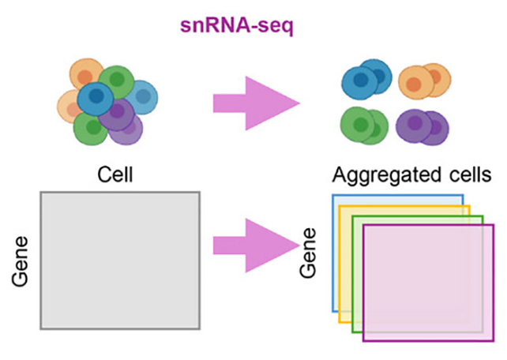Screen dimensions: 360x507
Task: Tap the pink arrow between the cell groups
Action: pos(255,103)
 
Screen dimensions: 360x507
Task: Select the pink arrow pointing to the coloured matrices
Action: pos(255,246)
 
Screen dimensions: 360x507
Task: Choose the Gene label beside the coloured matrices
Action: pos(310,253)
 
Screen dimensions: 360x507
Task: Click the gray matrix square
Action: pos(120,260)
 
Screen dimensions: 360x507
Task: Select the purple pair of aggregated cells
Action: pos(422,127)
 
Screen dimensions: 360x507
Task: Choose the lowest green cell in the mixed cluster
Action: pos(89,128)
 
